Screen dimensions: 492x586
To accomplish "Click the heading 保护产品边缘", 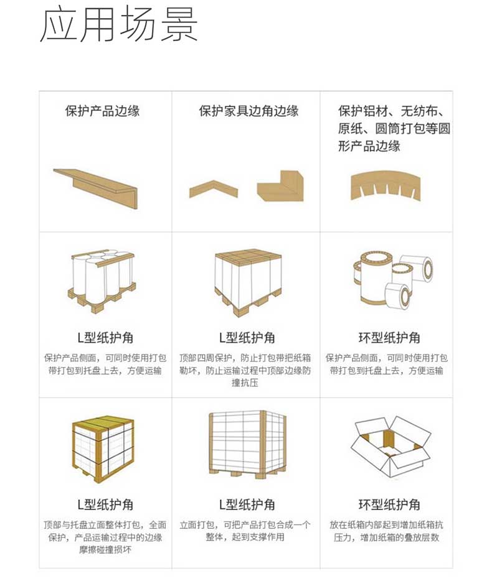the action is coord(102,111).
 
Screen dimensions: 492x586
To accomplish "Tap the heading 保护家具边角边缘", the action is coord(249,111).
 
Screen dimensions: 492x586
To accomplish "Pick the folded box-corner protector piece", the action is coord(281,186).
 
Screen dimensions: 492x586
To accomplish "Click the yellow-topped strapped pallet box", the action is coord(103,451).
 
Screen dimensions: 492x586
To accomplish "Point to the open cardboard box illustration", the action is coord(390,446).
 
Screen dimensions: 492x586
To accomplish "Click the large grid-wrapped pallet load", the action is coord(248,445).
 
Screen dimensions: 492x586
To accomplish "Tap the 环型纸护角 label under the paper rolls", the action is coord(389,338).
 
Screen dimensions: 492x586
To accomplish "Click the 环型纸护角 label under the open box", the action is coord(389,505).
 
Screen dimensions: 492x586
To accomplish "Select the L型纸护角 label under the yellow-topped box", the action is coord(105,505).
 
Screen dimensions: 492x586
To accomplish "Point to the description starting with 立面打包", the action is coord(245,531).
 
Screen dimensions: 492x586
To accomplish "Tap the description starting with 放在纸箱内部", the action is coord(387,531).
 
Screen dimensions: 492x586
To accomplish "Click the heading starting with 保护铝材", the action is coord(394,128).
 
